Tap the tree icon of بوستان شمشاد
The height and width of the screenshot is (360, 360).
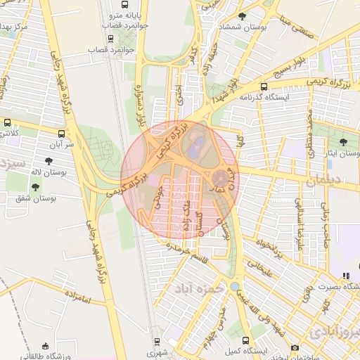[x=242, y=16]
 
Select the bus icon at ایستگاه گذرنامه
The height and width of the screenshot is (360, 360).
[x=263, y=87]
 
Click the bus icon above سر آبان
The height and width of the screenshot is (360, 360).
[x=61, y=132]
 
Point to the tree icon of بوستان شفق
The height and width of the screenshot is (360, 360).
[x=35, y=187]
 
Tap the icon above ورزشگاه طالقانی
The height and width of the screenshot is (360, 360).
[x=46, y=346]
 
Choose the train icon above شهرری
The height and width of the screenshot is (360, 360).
[x=157, y=343]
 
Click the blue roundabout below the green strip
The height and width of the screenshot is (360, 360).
[x=234, y=287]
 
